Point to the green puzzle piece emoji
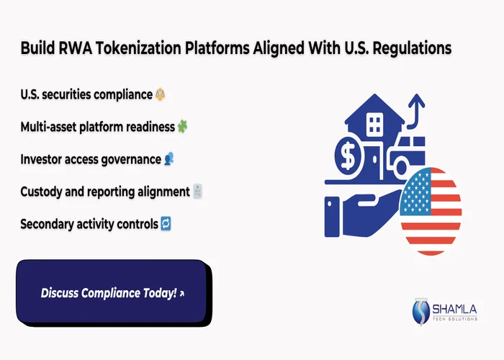tap(183, 127)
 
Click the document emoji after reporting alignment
tap(198, 192)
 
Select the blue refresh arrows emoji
tap(165, 224)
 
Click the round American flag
tap(431, 212)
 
